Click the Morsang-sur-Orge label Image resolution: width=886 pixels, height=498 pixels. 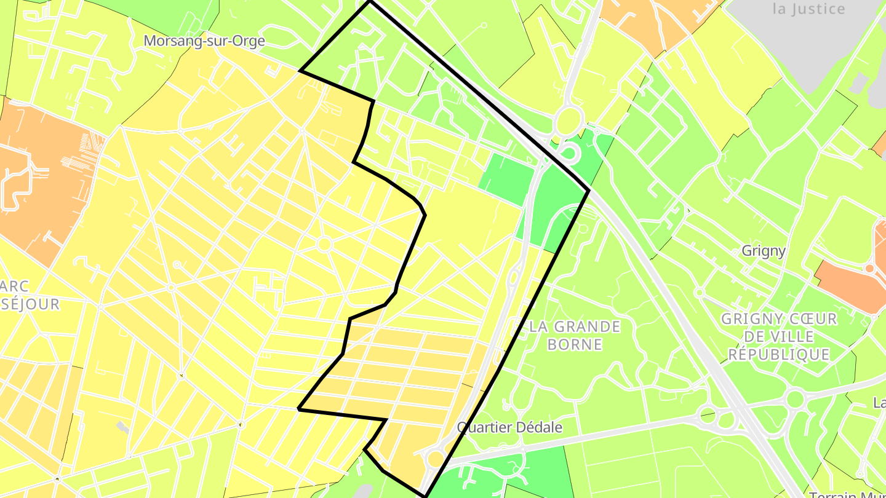pos(204,41)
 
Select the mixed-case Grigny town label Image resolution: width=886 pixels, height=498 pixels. pos(763,251)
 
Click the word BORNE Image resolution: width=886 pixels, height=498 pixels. pos(574,344)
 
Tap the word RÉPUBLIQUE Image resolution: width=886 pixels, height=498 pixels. pos(778,355)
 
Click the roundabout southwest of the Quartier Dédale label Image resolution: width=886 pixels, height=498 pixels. pos(436,459)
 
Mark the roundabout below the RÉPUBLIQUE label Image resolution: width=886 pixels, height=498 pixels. pos(795,400)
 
